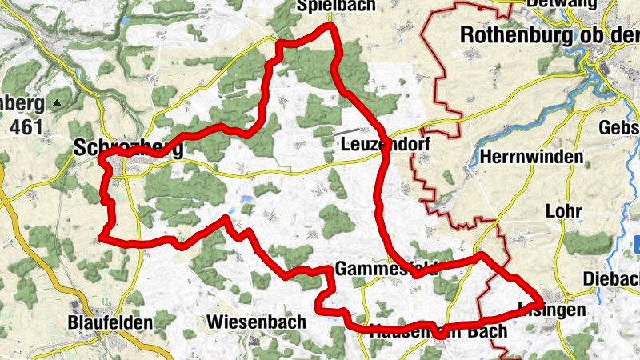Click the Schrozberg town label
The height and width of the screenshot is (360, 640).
point(128,149)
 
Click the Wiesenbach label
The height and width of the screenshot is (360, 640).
point(256,322)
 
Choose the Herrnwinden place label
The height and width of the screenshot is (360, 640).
point(531,157)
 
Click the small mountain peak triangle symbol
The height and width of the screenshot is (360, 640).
point(57,103)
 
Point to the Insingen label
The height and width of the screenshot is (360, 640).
point(552,308)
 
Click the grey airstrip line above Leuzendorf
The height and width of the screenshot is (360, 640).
point(348,130)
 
